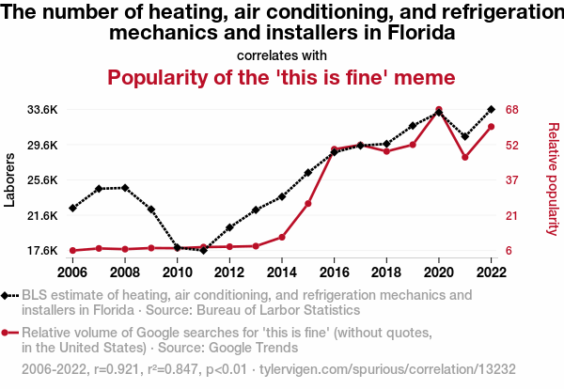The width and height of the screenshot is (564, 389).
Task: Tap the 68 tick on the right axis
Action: point(513,110)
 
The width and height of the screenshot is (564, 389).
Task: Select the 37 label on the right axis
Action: point(513,180)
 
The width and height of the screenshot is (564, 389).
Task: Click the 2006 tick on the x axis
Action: point(72,272)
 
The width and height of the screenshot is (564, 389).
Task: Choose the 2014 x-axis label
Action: point(281,272)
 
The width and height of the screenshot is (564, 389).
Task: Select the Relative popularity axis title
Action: point(552,179)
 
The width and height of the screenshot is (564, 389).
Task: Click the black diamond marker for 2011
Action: point(203,250)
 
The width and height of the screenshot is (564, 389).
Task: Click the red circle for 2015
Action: point(308,203)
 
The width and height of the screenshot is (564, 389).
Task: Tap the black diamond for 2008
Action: point(125,188)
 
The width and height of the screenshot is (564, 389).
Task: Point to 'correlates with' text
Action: point(282,54)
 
